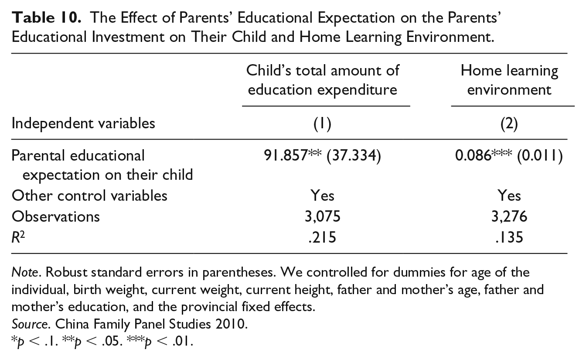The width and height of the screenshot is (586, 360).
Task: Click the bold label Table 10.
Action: (46, 18)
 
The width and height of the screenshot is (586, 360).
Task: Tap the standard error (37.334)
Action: (354, 156)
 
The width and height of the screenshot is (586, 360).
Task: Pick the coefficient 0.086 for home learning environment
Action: (473, 155)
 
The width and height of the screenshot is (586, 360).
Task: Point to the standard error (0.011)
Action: (540, 156)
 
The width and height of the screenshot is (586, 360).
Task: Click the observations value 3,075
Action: (322, 216)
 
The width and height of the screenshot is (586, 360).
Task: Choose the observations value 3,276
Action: (509, 216)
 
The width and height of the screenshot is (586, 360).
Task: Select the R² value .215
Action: (322, 237)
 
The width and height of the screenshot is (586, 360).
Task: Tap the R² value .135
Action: (509, 237)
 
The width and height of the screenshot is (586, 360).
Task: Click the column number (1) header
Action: (322, 123)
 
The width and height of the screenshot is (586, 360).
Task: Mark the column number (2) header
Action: (509, 123)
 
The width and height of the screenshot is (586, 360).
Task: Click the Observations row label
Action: (56, 216)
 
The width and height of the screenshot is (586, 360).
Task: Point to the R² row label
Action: (18, 237)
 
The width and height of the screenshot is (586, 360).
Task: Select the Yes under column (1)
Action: (322, 195)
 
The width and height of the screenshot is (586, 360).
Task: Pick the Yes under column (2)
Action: (509, 195)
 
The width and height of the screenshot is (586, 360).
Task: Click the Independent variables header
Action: (83, 123)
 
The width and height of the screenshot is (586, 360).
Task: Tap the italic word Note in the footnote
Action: (25, 272)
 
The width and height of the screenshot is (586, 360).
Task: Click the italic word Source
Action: (29, 324)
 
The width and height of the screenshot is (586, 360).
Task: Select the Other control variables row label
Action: (89, 195)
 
